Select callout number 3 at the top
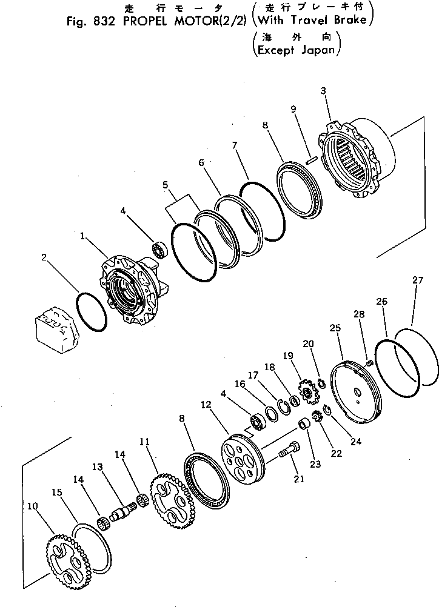pyautogui.click(x=324, y=91)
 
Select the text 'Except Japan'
pyautogui.click(x=296, y=50)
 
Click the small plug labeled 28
pyautogui.click(x=368, y=363)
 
